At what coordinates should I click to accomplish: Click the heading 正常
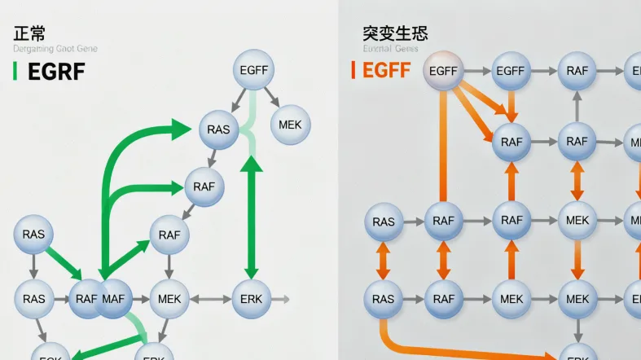pos(29,33)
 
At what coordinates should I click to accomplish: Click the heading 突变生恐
pos(395,33)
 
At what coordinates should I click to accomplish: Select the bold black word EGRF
pos(56,71)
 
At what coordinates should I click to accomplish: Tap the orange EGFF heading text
pos(386,70)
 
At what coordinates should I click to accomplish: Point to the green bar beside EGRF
pos(15,71)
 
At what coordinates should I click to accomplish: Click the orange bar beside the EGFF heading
pos(353,70)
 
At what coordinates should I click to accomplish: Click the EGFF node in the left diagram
pos(254,70)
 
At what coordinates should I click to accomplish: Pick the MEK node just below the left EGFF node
pos(289,125)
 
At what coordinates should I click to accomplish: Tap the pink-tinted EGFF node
pos(443,71)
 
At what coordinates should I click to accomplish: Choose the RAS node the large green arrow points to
pos(218,130)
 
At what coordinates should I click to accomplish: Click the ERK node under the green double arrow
pos(252,299)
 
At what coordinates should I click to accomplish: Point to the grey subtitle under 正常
pos(55,49)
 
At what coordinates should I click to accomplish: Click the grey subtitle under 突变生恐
pos(390,49)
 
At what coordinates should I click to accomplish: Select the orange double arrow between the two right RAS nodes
pos(382,261)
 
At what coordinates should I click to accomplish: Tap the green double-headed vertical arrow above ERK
pos(252,216)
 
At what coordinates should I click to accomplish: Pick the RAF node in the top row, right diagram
pos(577,71)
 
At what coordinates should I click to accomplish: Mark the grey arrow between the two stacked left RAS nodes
pos(33,266)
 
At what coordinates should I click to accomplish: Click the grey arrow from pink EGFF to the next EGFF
pos(476,71)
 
